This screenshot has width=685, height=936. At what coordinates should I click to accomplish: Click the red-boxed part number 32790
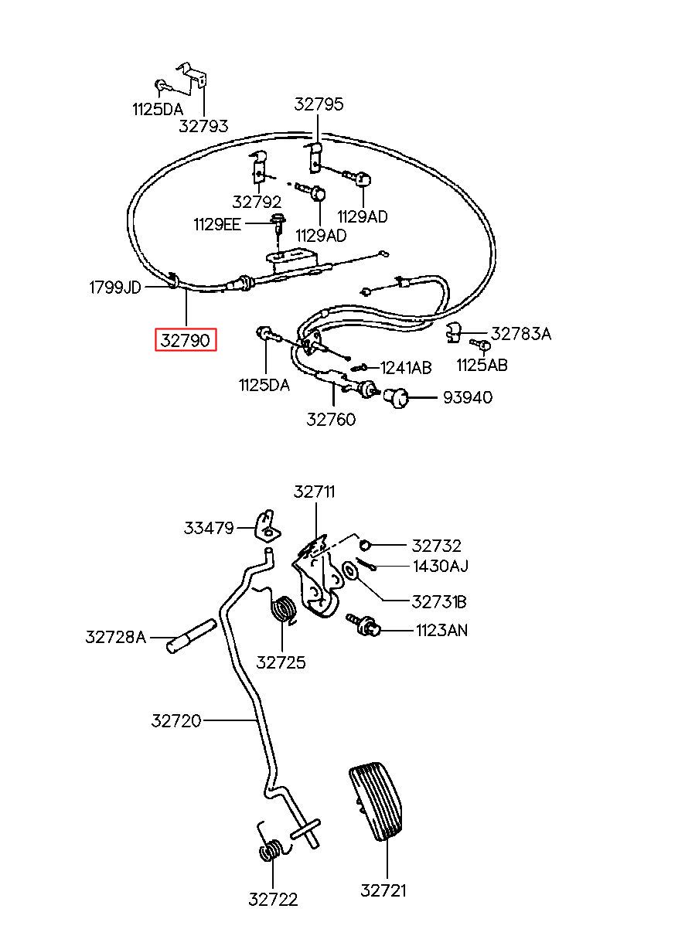(x=186, y=340)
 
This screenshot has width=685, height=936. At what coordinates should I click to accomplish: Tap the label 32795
(x=319, y=104)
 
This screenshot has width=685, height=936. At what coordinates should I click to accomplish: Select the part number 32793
(x=203, y=126)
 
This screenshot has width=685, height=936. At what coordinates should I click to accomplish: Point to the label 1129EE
(x=217, y=225)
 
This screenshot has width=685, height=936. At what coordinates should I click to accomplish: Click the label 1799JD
(x=115, y=288)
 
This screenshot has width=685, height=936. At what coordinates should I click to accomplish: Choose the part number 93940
(x=468, y=397)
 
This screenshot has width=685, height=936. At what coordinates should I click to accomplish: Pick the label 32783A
(x=521, y=334)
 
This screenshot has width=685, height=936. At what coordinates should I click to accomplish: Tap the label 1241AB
(x=406, y=368)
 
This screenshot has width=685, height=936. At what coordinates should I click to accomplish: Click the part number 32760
(x=331, y=419)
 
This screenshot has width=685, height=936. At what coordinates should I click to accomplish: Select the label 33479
(x=209, y=528)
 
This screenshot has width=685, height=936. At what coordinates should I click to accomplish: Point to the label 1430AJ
(x=441, y=567)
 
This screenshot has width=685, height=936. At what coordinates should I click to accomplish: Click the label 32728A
(x=116, y=637)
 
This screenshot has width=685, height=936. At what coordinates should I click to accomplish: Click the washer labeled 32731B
(x=349, y=570)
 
